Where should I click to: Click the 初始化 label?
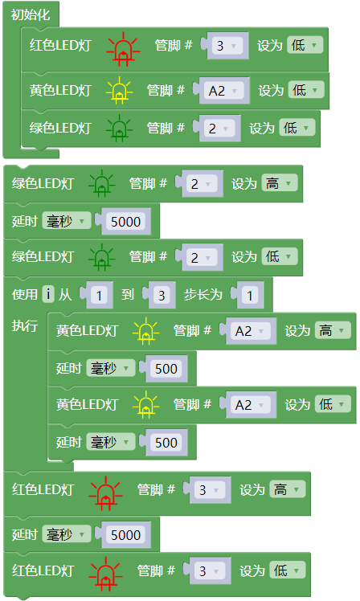(x=31, y=15)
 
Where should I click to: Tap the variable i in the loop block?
(x=48, y=294)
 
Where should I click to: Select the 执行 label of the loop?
(x=25, y=325)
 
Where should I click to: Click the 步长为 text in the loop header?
(x=202, y=294)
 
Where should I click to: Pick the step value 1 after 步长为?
(x=250, y=296)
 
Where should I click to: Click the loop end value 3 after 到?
(x=162, y=296)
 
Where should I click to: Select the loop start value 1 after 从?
(x=99, y=296)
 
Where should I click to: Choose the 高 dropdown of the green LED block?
(x=280, y=183)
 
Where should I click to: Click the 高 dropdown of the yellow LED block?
(x=333, y=330)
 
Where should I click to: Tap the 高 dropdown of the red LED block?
(x=288, y=489)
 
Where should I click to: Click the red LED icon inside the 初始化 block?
(x=123, y=49)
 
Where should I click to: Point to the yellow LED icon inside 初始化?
(x=120, y=91)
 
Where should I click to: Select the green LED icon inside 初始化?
(x=120, y=128)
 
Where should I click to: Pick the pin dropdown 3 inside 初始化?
(x=227, y=46)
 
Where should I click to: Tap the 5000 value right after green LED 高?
(x=125, y=222)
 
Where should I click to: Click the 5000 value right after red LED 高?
(x=125, y=534)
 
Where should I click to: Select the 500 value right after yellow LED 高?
(x=166, y=369)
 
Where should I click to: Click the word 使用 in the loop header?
(x=25, y=294)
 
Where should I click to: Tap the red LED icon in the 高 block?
(x=105, y=493)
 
